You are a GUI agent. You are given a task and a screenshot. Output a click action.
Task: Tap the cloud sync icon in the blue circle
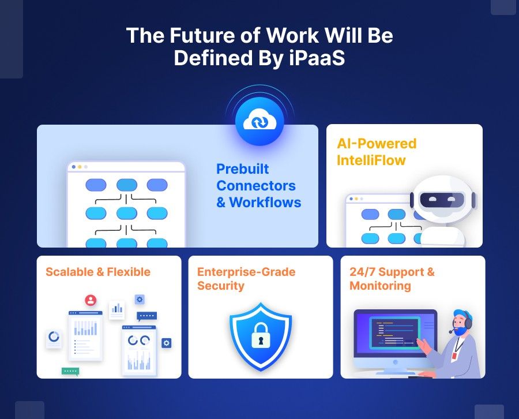[259, 122]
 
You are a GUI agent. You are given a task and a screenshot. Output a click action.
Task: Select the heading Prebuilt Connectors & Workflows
[258, 186]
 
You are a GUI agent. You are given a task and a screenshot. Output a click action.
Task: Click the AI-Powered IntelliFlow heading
[377, 152]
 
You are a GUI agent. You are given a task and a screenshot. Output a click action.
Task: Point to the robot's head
[443, 200]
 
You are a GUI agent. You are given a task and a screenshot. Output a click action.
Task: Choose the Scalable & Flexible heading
[98, 272]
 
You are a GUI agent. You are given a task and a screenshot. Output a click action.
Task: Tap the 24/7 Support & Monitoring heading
[392, 279]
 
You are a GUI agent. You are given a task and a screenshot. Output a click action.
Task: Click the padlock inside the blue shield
[261, 336]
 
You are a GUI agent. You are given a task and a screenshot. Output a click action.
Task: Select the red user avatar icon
[91, 300]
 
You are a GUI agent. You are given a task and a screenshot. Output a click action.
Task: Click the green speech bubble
[70, 372]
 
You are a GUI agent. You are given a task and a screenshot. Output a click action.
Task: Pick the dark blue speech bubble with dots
[146, 316]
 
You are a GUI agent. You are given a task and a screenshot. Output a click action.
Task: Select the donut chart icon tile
[54, 337]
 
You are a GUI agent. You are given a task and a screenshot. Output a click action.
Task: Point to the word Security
[221, 286]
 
